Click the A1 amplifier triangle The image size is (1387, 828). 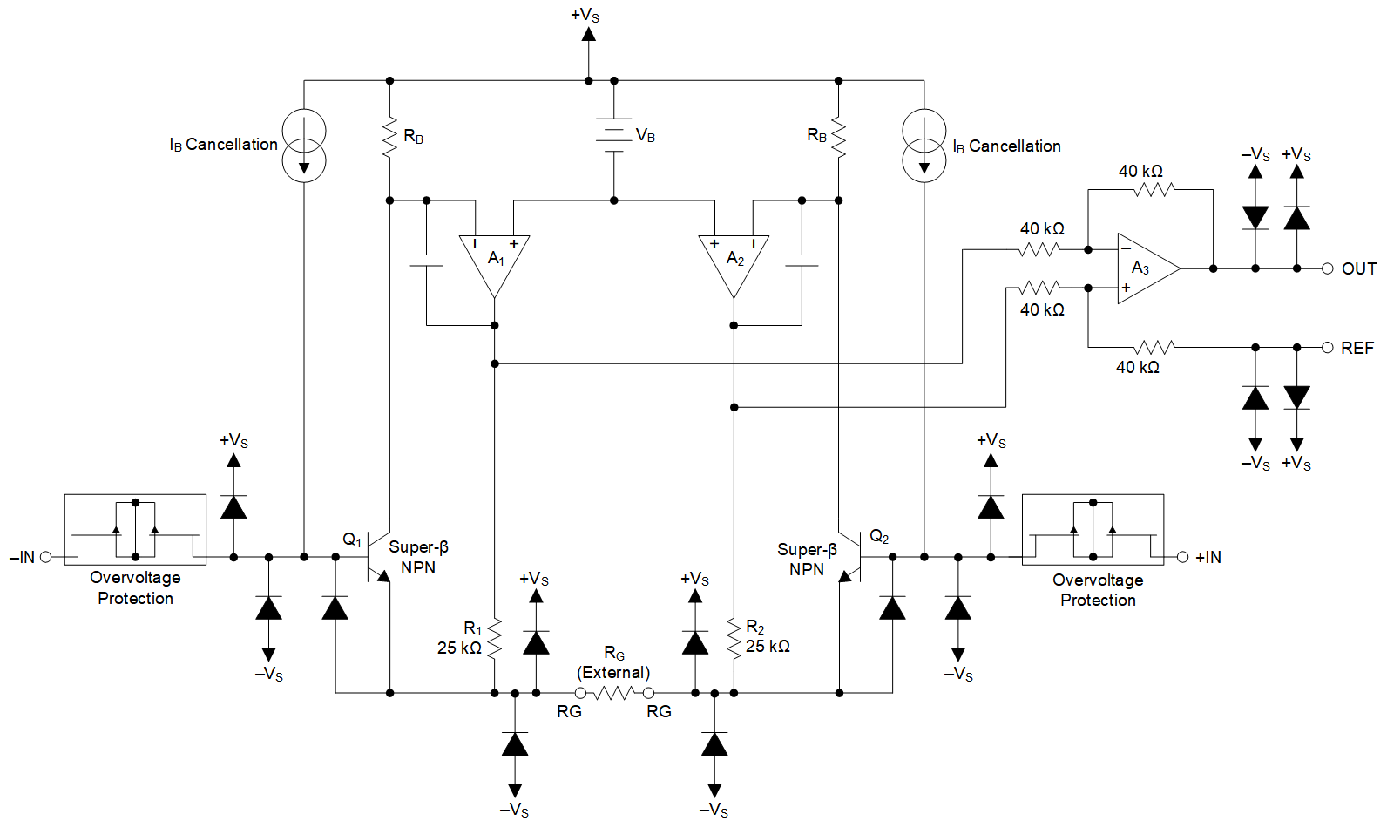pos(494,261)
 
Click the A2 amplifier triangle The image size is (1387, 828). pos(734,261)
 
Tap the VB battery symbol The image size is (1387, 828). pos(614,135)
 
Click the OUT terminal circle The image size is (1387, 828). pos(1327,268)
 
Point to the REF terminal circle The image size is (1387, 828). pos(1327,348)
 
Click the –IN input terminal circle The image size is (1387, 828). pos(46,557)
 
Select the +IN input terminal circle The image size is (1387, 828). pos(1182,557)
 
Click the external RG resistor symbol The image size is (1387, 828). pos(614,693)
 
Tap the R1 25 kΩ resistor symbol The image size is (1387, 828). pos(494,638)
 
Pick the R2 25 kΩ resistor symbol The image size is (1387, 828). pos(734,638)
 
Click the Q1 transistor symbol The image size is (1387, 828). pos(376,557)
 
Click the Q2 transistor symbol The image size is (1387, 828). pos(852,557)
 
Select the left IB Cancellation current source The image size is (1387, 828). pos(304,146)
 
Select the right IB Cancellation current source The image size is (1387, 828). pos(924,146)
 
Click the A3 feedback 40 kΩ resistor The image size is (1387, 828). pos(1154,189)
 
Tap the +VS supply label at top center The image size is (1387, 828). pos(585,16)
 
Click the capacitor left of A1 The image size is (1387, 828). pos(426,260)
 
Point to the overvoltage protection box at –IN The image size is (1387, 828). pos(135,529)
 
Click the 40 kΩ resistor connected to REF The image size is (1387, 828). pos(1154,348)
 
